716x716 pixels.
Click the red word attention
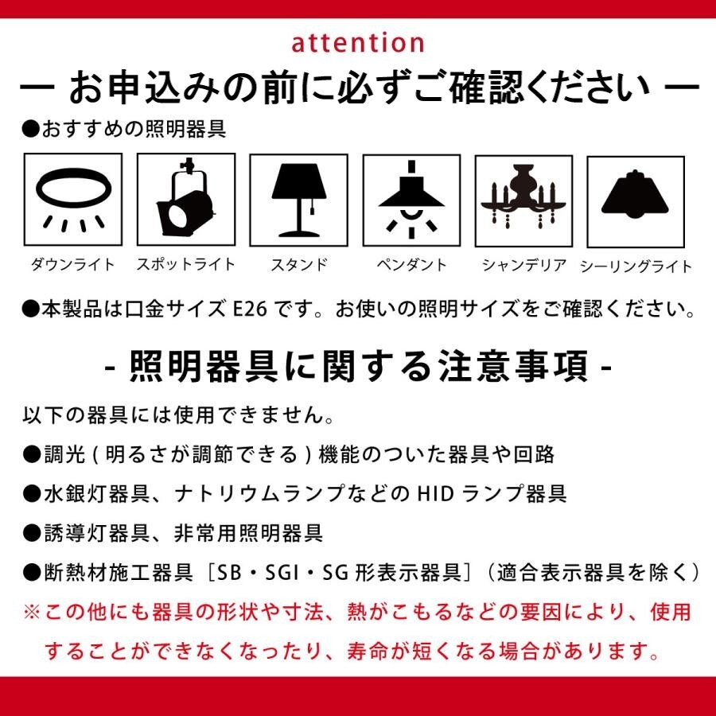click(357, 43)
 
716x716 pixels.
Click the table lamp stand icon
click(299, 200)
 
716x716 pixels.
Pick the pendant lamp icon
click(411, 200)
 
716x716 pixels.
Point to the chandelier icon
click(523, 196)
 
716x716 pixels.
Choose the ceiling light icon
click(635, 193)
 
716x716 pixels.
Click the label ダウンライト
click(72, 265)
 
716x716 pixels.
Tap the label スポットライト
click(186, 265)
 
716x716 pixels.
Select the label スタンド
click(299, 265)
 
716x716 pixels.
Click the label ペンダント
click(411, 265)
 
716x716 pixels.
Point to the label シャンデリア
click(524, 265)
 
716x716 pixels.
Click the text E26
click(251, 309)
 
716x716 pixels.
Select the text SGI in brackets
click(278, 573)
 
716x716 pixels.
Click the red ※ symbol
click(32, 612)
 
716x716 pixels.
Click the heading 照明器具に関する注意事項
click(359, 366)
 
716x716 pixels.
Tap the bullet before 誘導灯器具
click(32, 533)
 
